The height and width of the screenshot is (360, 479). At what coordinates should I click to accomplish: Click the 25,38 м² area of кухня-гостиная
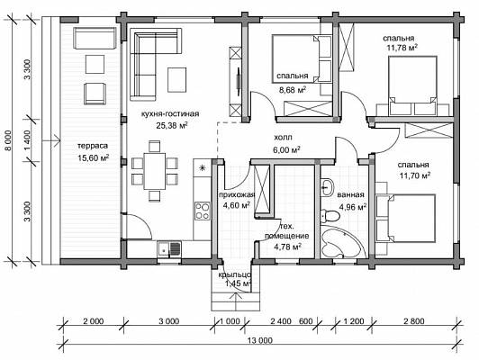click(172, 125)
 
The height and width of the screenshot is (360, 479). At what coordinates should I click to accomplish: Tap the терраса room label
click(93, 146)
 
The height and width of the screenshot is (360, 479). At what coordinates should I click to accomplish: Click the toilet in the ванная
click(330, 216)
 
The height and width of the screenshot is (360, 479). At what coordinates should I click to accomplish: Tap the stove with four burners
click(203, 211)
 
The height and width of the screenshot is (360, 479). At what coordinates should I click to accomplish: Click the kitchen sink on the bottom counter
click(169, 249)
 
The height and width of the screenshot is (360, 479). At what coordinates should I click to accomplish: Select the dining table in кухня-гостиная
click(155, 171)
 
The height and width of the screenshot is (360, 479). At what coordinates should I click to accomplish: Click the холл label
click(283, 138)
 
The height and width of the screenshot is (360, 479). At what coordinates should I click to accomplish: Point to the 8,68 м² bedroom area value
click(293, 90)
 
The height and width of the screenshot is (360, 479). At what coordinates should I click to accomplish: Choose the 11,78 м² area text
click(402, 48)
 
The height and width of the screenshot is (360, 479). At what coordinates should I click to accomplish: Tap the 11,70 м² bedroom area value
click(415, 175)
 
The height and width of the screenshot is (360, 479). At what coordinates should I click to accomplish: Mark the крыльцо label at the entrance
click(235, 274)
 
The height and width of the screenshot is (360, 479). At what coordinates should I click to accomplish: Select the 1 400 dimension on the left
click(27, 140)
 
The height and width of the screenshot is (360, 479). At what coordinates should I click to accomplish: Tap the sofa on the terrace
click(95, 38)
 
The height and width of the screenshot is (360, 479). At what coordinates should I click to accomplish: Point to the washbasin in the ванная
click(327, 187)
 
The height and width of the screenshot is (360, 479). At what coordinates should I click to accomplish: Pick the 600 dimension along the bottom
click(306, 321)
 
